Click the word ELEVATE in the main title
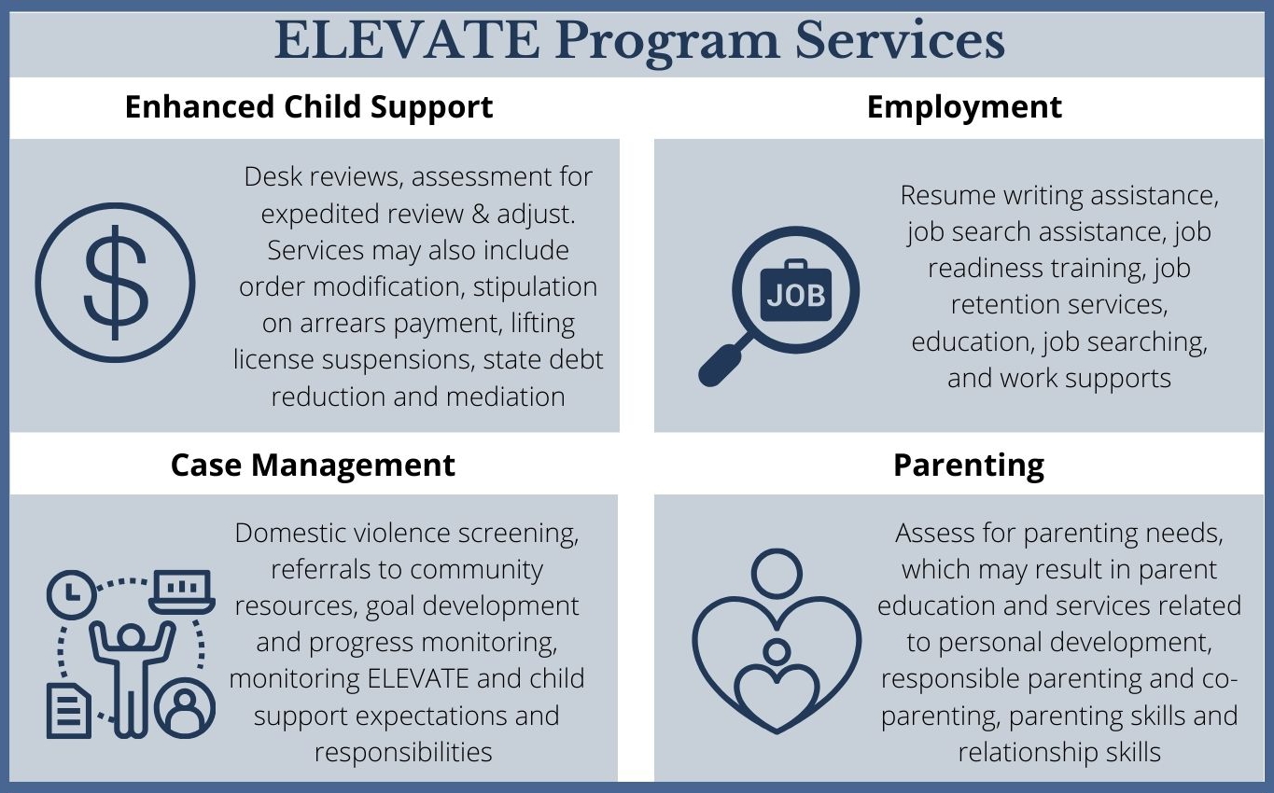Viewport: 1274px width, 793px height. [407, 40]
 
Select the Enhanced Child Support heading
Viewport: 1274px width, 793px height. [309, 106]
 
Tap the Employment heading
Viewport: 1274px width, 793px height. [964, 106]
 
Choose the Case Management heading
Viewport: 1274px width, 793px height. [313, 465]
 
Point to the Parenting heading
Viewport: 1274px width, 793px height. [968, 465]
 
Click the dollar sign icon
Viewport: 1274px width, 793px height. [116, 283]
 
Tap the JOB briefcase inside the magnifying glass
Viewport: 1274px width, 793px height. [795, 294]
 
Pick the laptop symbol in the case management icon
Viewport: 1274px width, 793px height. [182, 591]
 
